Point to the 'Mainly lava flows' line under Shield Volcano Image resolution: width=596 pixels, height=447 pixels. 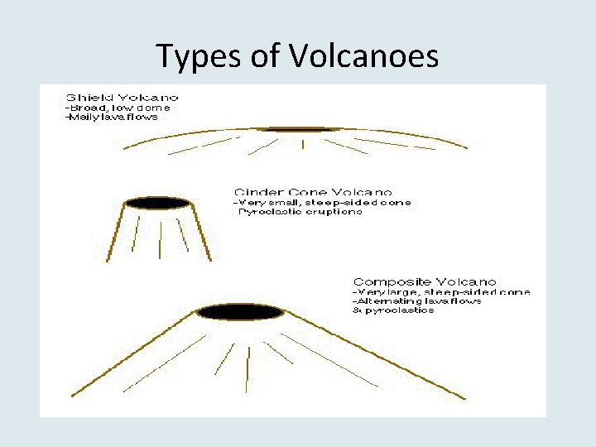point(112,117)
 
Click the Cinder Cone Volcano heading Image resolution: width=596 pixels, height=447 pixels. point(314,191)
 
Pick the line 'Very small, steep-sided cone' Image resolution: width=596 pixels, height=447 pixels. point(322,202)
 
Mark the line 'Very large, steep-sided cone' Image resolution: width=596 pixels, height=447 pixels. point(441,291)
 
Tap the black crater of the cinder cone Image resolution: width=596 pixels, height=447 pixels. point(156,203)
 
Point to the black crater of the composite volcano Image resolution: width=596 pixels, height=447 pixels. point(241,312)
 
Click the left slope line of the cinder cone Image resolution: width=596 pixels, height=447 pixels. point(117,233)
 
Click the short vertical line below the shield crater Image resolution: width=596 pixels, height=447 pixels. point(303,144)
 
